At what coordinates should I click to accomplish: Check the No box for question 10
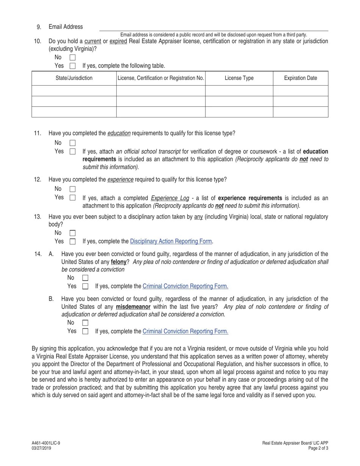[x=72, y=58]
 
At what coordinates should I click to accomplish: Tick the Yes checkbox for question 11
[x=72, y=152]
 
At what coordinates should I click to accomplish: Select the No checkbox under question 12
[x=72, y=189]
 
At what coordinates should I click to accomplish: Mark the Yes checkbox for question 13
[x=72, y=241]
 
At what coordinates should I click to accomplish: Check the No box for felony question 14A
[x=85, y=278]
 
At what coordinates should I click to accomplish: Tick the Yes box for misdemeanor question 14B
[x=85, y=331]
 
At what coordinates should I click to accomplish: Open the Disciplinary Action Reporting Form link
[x=171, y=241]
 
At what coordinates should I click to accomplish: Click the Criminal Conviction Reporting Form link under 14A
[x=185, y=286]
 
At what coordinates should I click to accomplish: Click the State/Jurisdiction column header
[x=74, y=78]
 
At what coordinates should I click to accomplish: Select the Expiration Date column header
[x=301, y=78]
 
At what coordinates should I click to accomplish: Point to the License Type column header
[x=239, y=78]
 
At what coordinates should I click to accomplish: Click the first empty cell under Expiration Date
[x=301, y=91]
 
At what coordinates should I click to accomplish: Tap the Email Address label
[x=66, y=27]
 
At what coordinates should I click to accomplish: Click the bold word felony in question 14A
[x=118, y=262]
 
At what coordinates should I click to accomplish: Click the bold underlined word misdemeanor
[x=133, y=307]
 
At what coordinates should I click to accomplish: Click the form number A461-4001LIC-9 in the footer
[x=46, y=443]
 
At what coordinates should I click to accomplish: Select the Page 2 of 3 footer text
[x=318, y=448]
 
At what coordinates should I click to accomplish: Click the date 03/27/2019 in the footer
[x=41, y=448]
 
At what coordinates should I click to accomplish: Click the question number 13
[x=38, y=217]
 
